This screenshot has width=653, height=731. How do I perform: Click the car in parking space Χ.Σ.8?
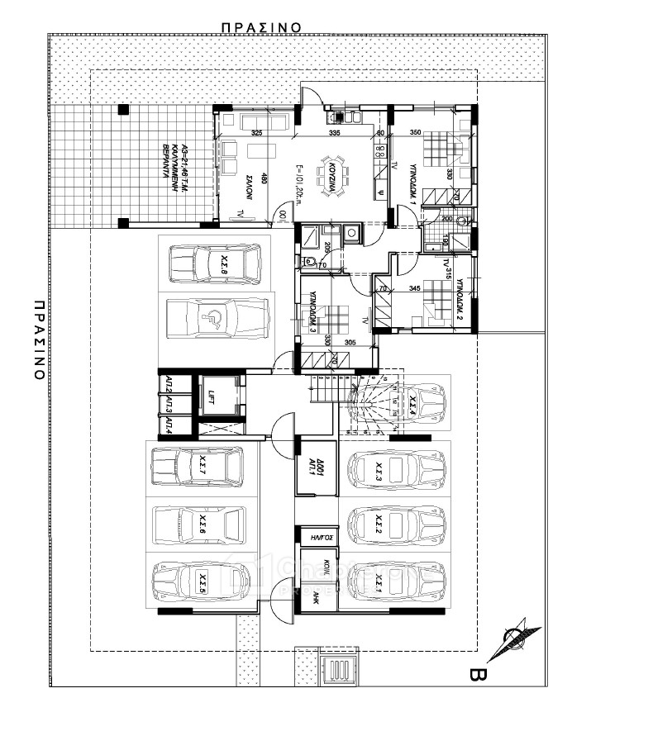[214, 264]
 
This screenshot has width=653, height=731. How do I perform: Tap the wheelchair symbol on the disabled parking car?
[215, 317]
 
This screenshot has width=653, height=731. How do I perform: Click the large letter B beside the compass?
[476, 676]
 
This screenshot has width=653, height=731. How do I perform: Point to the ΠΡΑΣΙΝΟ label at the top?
[260, 26]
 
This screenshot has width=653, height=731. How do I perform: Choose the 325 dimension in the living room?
[256, 133]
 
